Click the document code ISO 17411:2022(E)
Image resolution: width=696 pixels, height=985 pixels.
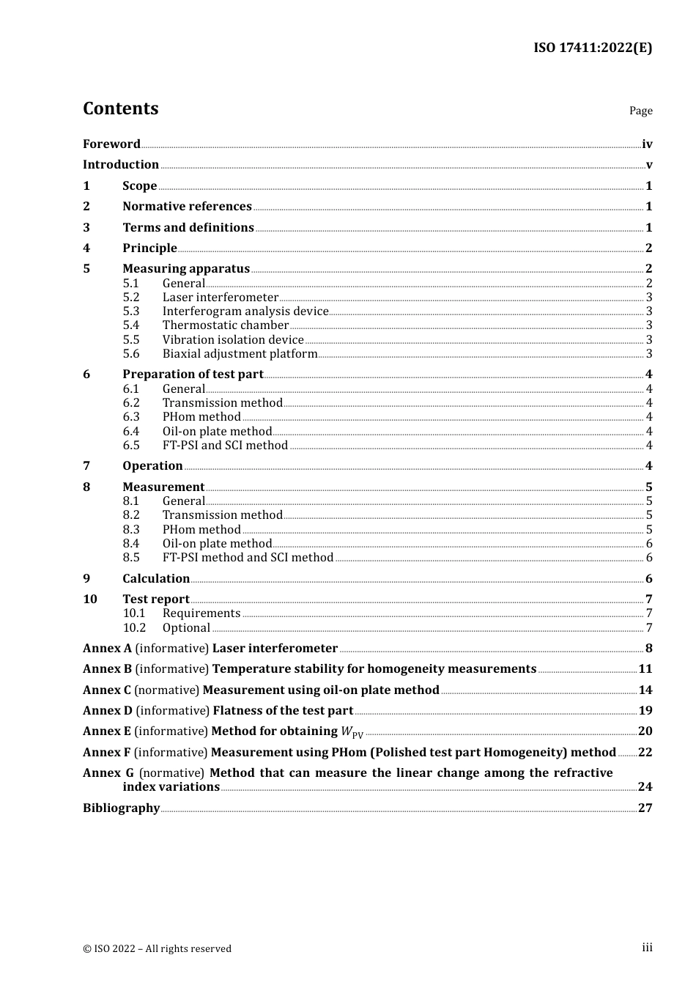[592, 48]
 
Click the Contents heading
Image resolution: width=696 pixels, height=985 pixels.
[120, 108]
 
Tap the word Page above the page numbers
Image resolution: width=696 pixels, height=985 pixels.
[640, 111]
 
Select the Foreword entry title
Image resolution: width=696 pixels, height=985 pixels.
[111, 144]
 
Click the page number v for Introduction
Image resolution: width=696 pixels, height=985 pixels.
[648, 165]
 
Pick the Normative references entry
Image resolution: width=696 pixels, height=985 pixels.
[187, 207]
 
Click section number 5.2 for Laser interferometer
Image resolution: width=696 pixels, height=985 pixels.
[130, 298]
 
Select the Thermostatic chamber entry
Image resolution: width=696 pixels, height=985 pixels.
[226, 325]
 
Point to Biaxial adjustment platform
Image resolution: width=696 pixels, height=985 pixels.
[240, 354]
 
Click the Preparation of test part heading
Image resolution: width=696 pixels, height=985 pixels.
[193, 375]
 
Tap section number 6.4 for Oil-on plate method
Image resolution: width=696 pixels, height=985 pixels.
[130, 432]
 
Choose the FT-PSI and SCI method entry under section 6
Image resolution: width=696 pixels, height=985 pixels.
[225, 446]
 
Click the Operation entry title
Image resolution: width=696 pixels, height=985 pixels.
[152, 466]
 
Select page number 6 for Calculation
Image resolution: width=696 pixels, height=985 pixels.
[648, 579]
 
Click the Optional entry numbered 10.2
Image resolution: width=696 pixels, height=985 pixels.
[186, 628]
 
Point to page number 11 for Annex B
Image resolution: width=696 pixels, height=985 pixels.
[645, 669]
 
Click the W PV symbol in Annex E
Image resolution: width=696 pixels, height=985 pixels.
[352, 731]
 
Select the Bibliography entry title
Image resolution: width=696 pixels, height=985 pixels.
[121, 808]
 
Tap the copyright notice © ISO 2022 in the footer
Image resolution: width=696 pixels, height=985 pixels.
[157, 949]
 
